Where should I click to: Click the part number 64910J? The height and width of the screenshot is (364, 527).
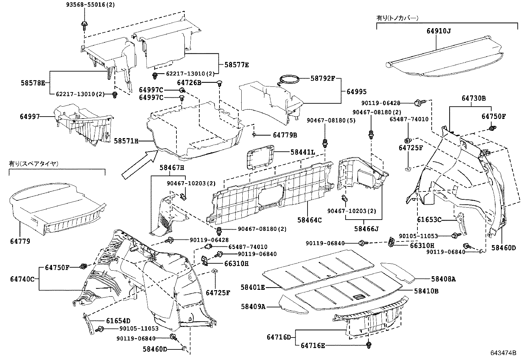pyautogui.click(x=439, y=31)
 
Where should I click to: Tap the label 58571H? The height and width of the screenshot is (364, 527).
pyautogui.click(x=126, y=141)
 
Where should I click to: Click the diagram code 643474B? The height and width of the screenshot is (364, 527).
pyautogui.click(x=503, y=353)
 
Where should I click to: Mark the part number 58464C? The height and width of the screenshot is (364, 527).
pyautogui.click(x=309, y=220)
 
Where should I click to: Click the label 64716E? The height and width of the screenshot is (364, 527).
pyautogui.click(x=313, y=345)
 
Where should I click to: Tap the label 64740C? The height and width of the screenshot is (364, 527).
pyautogui.click(x=22, y=279)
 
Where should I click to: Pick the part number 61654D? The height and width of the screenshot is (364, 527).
pyautogui.click(x=118, y=321)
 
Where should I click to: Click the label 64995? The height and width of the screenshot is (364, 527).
pyautogui.click(x=357, y=92)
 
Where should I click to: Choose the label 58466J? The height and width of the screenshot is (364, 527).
pyautogui.click(x=366, y=229)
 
